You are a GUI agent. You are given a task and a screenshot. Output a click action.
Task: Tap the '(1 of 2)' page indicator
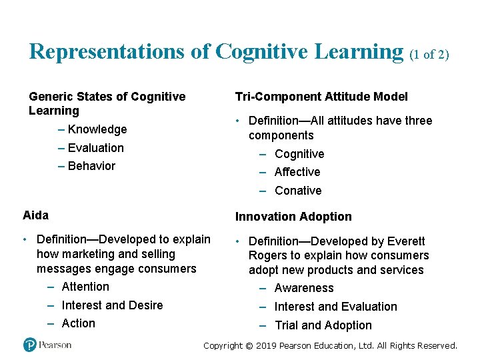tap(429, 54)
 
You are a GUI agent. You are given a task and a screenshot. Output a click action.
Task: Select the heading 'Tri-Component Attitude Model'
tap(321, 97)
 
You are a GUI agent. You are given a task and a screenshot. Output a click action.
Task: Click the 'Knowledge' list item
tap(97, 129)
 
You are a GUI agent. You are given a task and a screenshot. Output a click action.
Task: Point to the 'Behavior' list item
tap(91, 166)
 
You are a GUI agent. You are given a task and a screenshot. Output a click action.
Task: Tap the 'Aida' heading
tap(35, 215)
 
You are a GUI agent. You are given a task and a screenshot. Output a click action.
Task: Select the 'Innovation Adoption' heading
tap(293, 217)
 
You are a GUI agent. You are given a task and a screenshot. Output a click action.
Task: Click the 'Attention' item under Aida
tap(85, 287)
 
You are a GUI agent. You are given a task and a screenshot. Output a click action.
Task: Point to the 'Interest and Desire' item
tap(112, 305)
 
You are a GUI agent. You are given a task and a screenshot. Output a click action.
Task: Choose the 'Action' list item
tap(79, 323)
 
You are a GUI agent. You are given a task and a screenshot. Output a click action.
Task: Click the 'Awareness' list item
tap(304, 288)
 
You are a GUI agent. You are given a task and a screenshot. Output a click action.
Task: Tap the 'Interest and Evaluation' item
tap(335, 307)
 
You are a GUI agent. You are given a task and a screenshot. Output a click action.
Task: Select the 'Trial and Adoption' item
tap(323, 325)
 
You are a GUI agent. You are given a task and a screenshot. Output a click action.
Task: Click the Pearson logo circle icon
tap(30, 345)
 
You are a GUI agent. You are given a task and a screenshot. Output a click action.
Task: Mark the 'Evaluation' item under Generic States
tap(96, 148)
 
